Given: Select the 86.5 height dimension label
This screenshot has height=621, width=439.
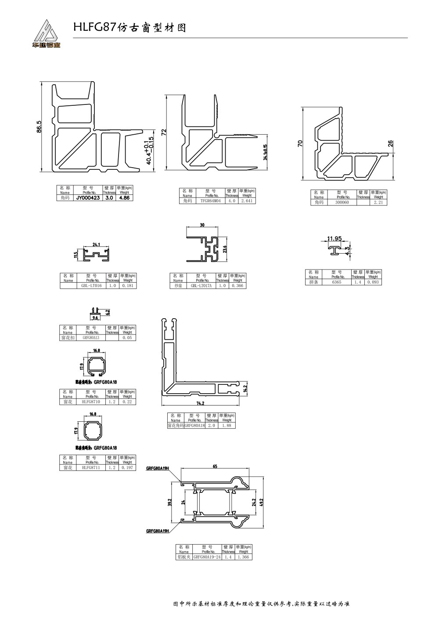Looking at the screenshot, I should pyautogui.click(x=39, y=127).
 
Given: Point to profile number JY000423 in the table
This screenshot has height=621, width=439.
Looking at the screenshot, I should pyautogui.click(x=88, y=198).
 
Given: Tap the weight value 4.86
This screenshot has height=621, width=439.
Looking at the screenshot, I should pyautogui.click(x=124, y=198).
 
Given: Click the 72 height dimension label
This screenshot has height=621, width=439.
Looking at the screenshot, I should pyautogui.click(x=164, y=133).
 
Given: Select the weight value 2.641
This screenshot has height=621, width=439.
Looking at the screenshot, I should pyautogui.click(x=246, y=201).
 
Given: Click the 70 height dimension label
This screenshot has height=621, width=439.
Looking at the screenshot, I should pyautogui.click(x=300, y=144).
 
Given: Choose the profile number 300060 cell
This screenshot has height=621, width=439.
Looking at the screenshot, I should pyautogui.click(x=342, y=202).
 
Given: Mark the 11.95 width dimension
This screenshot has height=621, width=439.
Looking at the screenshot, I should pyautogui.click(x=334, y=239).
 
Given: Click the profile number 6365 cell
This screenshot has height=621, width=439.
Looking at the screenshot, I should pyautogui.click(x=336, y=282).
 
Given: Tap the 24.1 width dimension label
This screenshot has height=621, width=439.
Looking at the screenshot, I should pyautogui.click(x=97, y=245).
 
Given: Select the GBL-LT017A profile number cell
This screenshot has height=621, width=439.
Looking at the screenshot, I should pyautogui.click(x=201, y=286).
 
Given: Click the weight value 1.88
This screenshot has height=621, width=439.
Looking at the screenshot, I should pyautogui.click(x=227, y=425).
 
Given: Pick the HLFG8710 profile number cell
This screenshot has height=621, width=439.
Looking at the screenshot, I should pyautogui.click(x=91, y=402).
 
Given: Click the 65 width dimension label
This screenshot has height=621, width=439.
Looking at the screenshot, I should pyautogui.click(x=215, y=467).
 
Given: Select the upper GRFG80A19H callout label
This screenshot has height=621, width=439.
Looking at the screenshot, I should pyautogui.click(x=158, y=468).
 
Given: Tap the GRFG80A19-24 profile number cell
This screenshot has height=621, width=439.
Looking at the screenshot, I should pyautogui.click(x=207, y=557).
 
